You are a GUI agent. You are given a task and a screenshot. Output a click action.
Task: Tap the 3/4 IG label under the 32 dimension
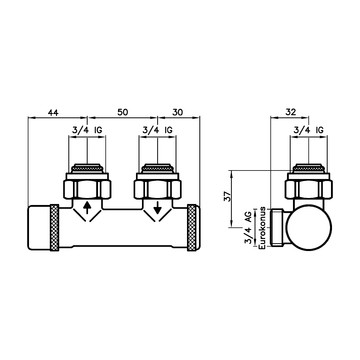(308, 130)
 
